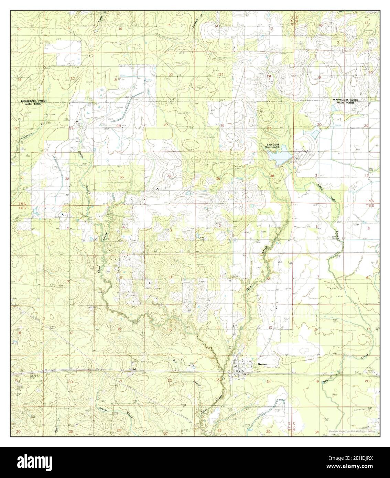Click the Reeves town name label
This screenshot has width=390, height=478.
tap(262, 364)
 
